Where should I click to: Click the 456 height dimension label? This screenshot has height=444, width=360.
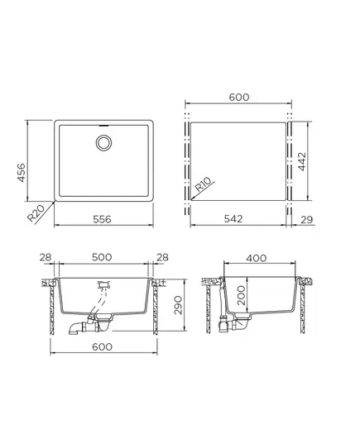pyautogui.click(x=22, y=173)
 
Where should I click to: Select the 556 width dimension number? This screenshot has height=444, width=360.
pyautogui.click(x=102, y=219)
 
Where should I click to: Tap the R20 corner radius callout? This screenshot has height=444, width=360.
pyautogui.click(x=36, y=213)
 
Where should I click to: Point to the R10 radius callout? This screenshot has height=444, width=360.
pyautogui.click(x=204, y=184)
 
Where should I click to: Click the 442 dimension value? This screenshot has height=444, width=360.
pyautogui.click(x=302, y=161)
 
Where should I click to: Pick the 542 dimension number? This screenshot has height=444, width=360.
pyautogui.click(x=233, y=218)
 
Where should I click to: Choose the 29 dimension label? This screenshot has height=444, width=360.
pyautogui.click(x=307, y=219)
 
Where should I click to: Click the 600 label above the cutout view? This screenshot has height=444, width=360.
pyautogui.click(x=239, y=97)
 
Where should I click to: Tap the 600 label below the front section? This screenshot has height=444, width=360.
pyautogui.click(x=102, y=346)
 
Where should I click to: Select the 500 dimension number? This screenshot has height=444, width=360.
pyautogui.click(x=102, y=257)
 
